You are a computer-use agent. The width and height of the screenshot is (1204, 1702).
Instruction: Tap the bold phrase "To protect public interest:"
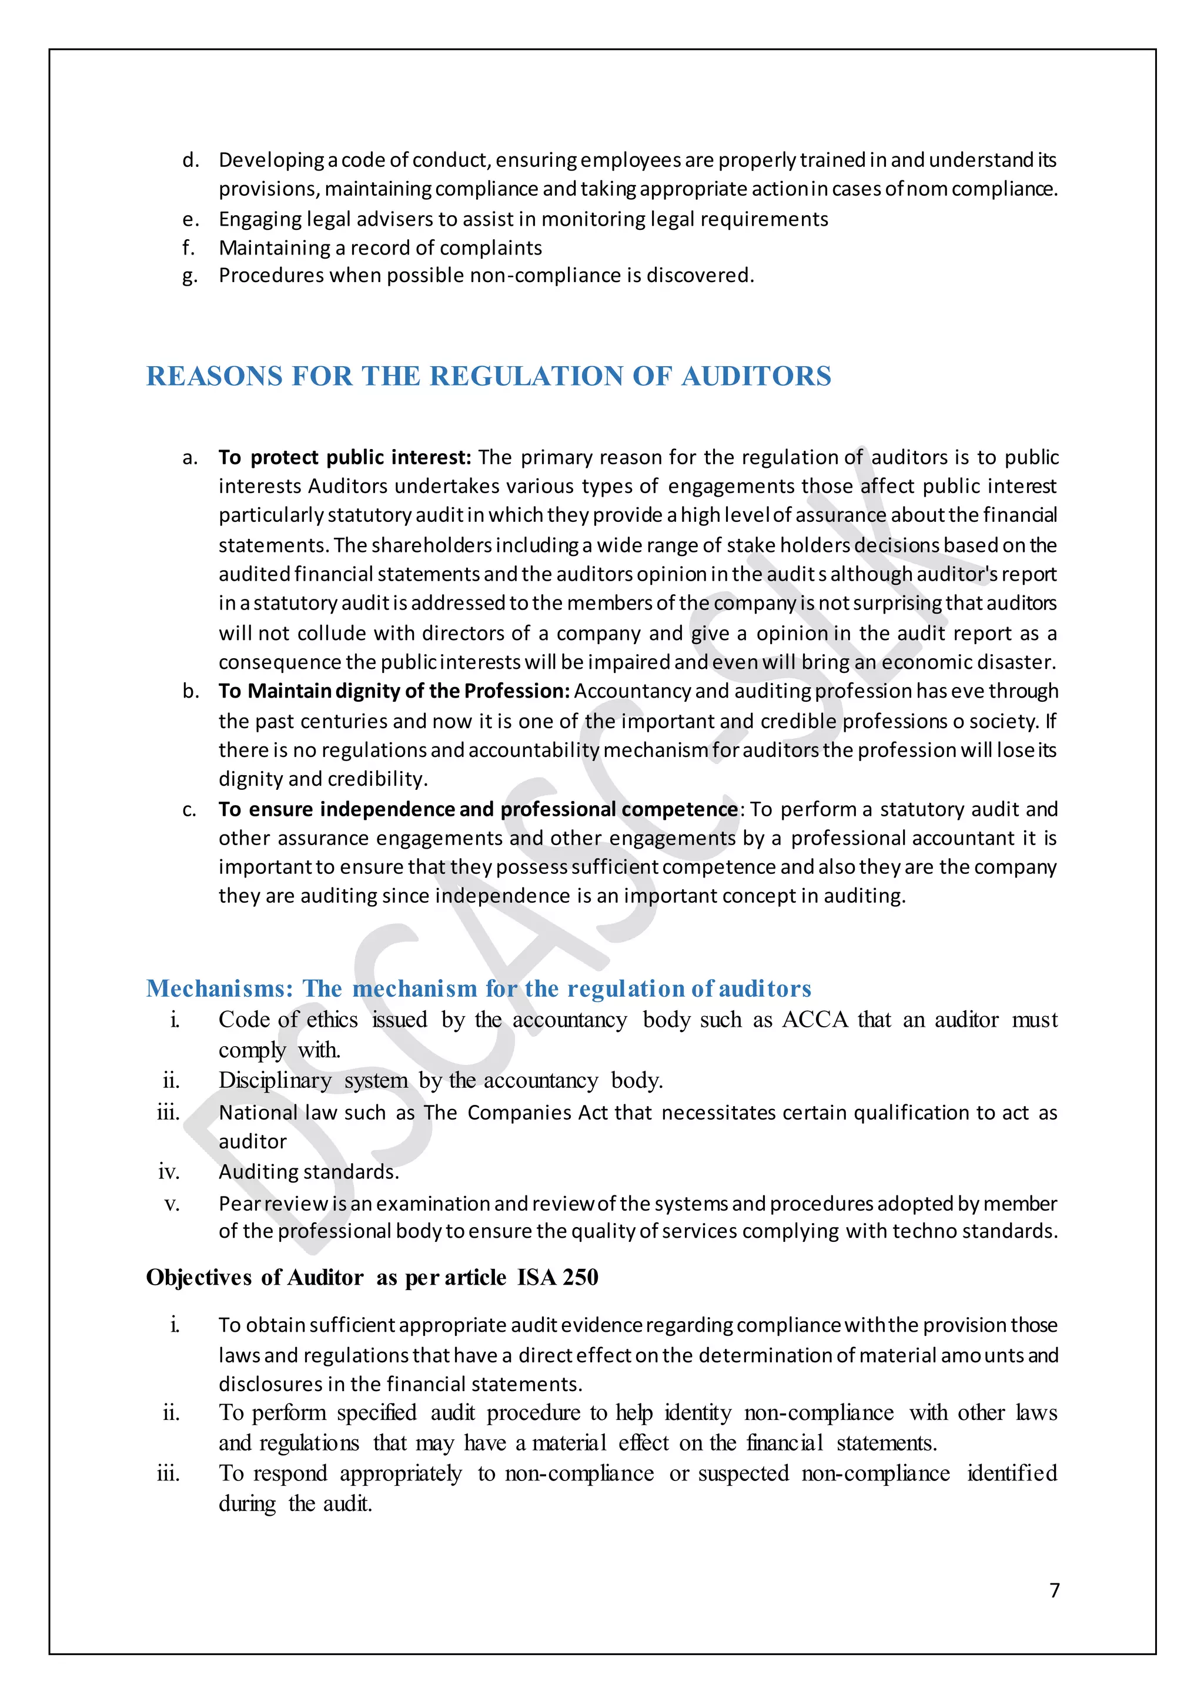345,457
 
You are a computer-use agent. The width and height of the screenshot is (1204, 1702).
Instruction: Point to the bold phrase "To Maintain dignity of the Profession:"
394,691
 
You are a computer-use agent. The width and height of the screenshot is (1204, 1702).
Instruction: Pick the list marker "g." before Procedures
190,276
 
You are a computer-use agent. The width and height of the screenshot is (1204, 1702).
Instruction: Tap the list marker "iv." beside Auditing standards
169,1172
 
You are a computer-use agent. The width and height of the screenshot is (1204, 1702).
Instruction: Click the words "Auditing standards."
309,1172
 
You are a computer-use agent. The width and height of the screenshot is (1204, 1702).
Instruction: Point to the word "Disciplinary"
275,1081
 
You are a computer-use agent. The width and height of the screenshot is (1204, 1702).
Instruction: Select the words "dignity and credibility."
323,779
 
